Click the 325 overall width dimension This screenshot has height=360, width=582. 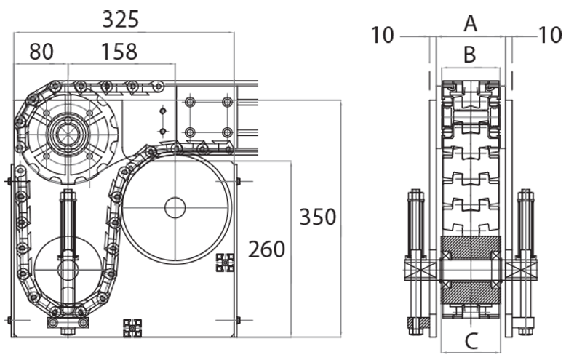(x=120, y=19)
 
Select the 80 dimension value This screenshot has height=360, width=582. (x=41, y=52)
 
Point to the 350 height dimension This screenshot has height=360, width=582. (x=317, y=217)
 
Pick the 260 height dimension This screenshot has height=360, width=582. (x=266, y=249)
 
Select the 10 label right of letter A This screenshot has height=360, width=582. (x=550, y=34)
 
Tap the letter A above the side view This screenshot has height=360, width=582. (x=470, y=24)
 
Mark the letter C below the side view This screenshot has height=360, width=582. (x=471, y=340)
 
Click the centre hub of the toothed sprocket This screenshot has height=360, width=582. (x=68, y=135)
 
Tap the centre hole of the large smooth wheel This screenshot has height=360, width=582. (x=175, y=207)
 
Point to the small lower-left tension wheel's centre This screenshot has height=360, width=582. (x=68, y=269)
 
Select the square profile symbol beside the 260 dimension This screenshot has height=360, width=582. (x=225, y=263)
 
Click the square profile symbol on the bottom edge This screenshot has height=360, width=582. (x=132, y=328)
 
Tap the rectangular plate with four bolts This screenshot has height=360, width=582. (x=208, y=116)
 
